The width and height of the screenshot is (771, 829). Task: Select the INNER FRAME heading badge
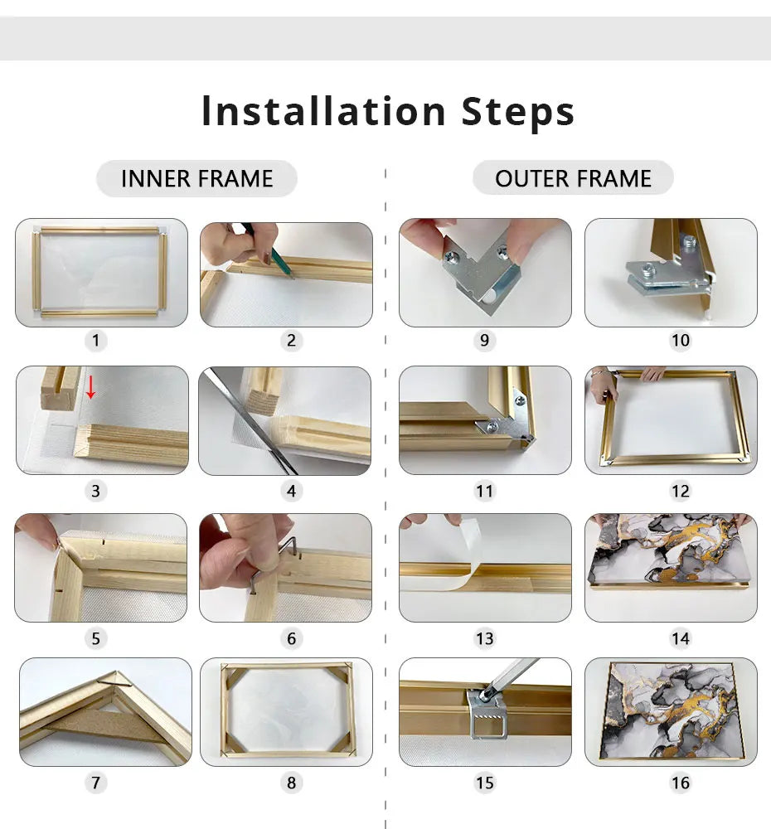pyautogui.click(x=196, y=178)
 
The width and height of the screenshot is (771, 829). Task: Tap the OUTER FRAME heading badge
pyautogui.click(x=573, y=178)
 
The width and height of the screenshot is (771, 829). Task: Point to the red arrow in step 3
pyautogui.click(x=91, y=386)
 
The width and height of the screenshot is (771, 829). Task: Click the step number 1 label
pyautogui.click(x=95, y=340)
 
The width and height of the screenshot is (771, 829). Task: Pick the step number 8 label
pyautogui.click(x=291, y=782)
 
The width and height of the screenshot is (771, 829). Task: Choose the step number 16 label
pyautogui.click(x=680, y=782)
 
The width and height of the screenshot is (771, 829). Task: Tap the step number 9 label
pyautogui.click(x=484, y=340)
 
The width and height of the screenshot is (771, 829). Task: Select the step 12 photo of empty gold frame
pyautogui.click(x=671, y=420)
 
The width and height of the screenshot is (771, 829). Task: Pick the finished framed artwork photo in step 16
pyautogui.click(x=671, y=711)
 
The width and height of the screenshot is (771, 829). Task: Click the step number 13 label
pyautogui.click(x=484, y=638)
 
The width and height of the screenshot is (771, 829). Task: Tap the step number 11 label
pyautogui.click(x=484, y=491)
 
